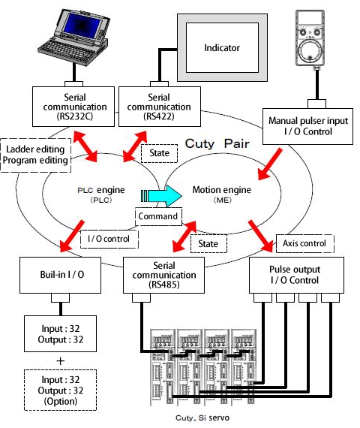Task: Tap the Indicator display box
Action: pyautogui.click(x=222, y=49)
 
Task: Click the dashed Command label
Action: pyautogui.click(x=159, y=216)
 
